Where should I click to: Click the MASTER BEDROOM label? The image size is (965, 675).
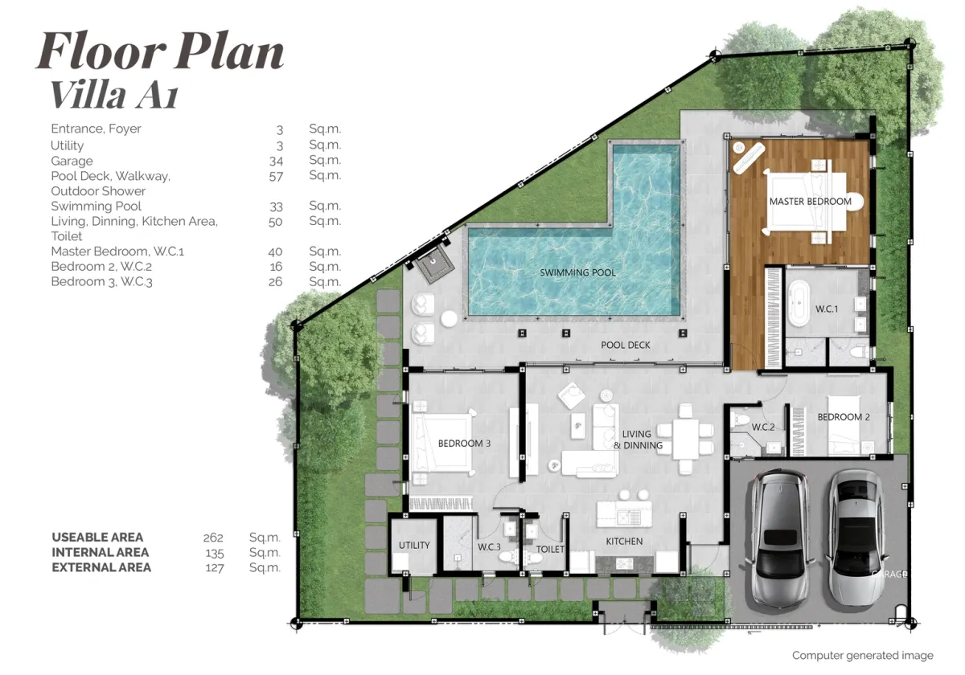tap(811, 202)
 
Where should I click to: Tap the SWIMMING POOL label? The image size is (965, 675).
tap(577, 272)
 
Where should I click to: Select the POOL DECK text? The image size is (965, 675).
tap(626, 345)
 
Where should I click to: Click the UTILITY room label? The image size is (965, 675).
tap(414, 546)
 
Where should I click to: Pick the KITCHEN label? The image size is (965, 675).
tap(624, 541)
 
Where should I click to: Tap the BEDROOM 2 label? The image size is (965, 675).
tap(844, 417)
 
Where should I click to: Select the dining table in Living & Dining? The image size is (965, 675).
tap(686, 439)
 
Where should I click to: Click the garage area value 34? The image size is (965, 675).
tap(276, 161)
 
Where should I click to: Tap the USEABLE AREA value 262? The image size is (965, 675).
tap(213, 538)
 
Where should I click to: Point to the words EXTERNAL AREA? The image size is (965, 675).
tap(101, 567)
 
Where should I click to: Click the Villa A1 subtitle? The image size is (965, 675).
tap(114, 95)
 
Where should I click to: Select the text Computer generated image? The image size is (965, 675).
tap(862, 656)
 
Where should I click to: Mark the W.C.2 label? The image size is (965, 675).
tap(763, 427)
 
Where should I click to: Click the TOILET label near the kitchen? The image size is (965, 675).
tap(550, 549)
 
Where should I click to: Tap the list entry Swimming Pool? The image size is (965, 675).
tap(96, 207)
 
